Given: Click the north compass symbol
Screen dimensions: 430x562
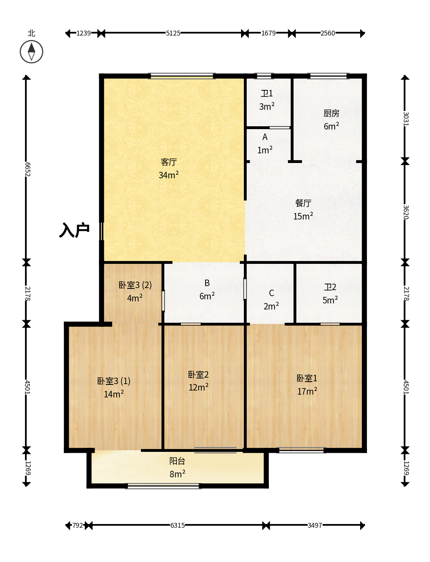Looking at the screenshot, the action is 31,52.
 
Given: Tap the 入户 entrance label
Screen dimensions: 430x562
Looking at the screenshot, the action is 74,230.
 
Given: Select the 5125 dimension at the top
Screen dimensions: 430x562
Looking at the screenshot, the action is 173,33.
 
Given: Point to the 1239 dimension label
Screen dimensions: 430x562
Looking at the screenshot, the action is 84,33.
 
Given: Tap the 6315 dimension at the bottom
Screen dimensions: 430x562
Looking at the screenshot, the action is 178,525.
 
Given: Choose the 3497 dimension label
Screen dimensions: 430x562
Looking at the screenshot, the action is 315,525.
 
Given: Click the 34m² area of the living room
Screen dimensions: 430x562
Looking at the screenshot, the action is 169,175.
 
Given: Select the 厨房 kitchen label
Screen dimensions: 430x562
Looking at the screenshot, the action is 331,113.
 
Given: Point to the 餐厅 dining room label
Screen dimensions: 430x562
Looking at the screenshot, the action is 303,203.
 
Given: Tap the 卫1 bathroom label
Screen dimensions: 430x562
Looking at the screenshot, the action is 267,94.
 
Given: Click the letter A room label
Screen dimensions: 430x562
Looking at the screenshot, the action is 265,137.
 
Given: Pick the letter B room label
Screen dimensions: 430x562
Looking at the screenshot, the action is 207,283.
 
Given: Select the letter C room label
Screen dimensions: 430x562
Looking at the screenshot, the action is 271,293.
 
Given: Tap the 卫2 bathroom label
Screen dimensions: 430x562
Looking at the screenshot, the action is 330,287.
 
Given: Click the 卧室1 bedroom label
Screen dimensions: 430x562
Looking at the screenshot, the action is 307,378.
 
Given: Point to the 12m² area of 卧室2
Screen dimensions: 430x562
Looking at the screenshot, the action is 199,387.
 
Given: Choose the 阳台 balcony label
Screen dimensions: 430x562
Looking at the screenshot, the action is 177,461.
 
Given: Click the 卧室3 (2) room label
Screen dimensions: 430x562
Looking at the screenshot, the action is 135,285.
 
